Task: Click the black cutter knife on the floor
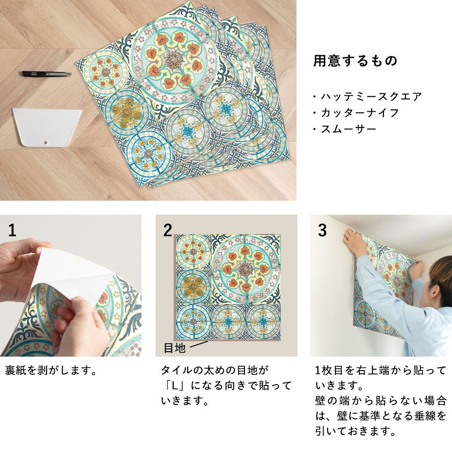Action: pos(47,74)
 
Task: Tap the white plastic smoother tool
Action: pos(47,127)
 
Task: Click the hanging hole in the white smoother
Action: pos(45,142)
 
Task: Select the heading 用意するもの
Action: pos(355,61)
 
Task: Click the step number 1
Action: pos(12,231)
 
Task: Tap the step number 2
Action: pos(168,231)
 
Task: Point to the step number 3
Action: pos(322,231)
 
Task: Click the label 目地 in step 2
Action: pos(174,348)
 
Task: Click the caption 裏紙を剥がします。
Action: pos(51,371)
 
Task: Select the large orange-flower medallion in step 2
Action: pos(245,269)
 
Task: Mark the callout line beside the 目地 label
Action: pos(198,344)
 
